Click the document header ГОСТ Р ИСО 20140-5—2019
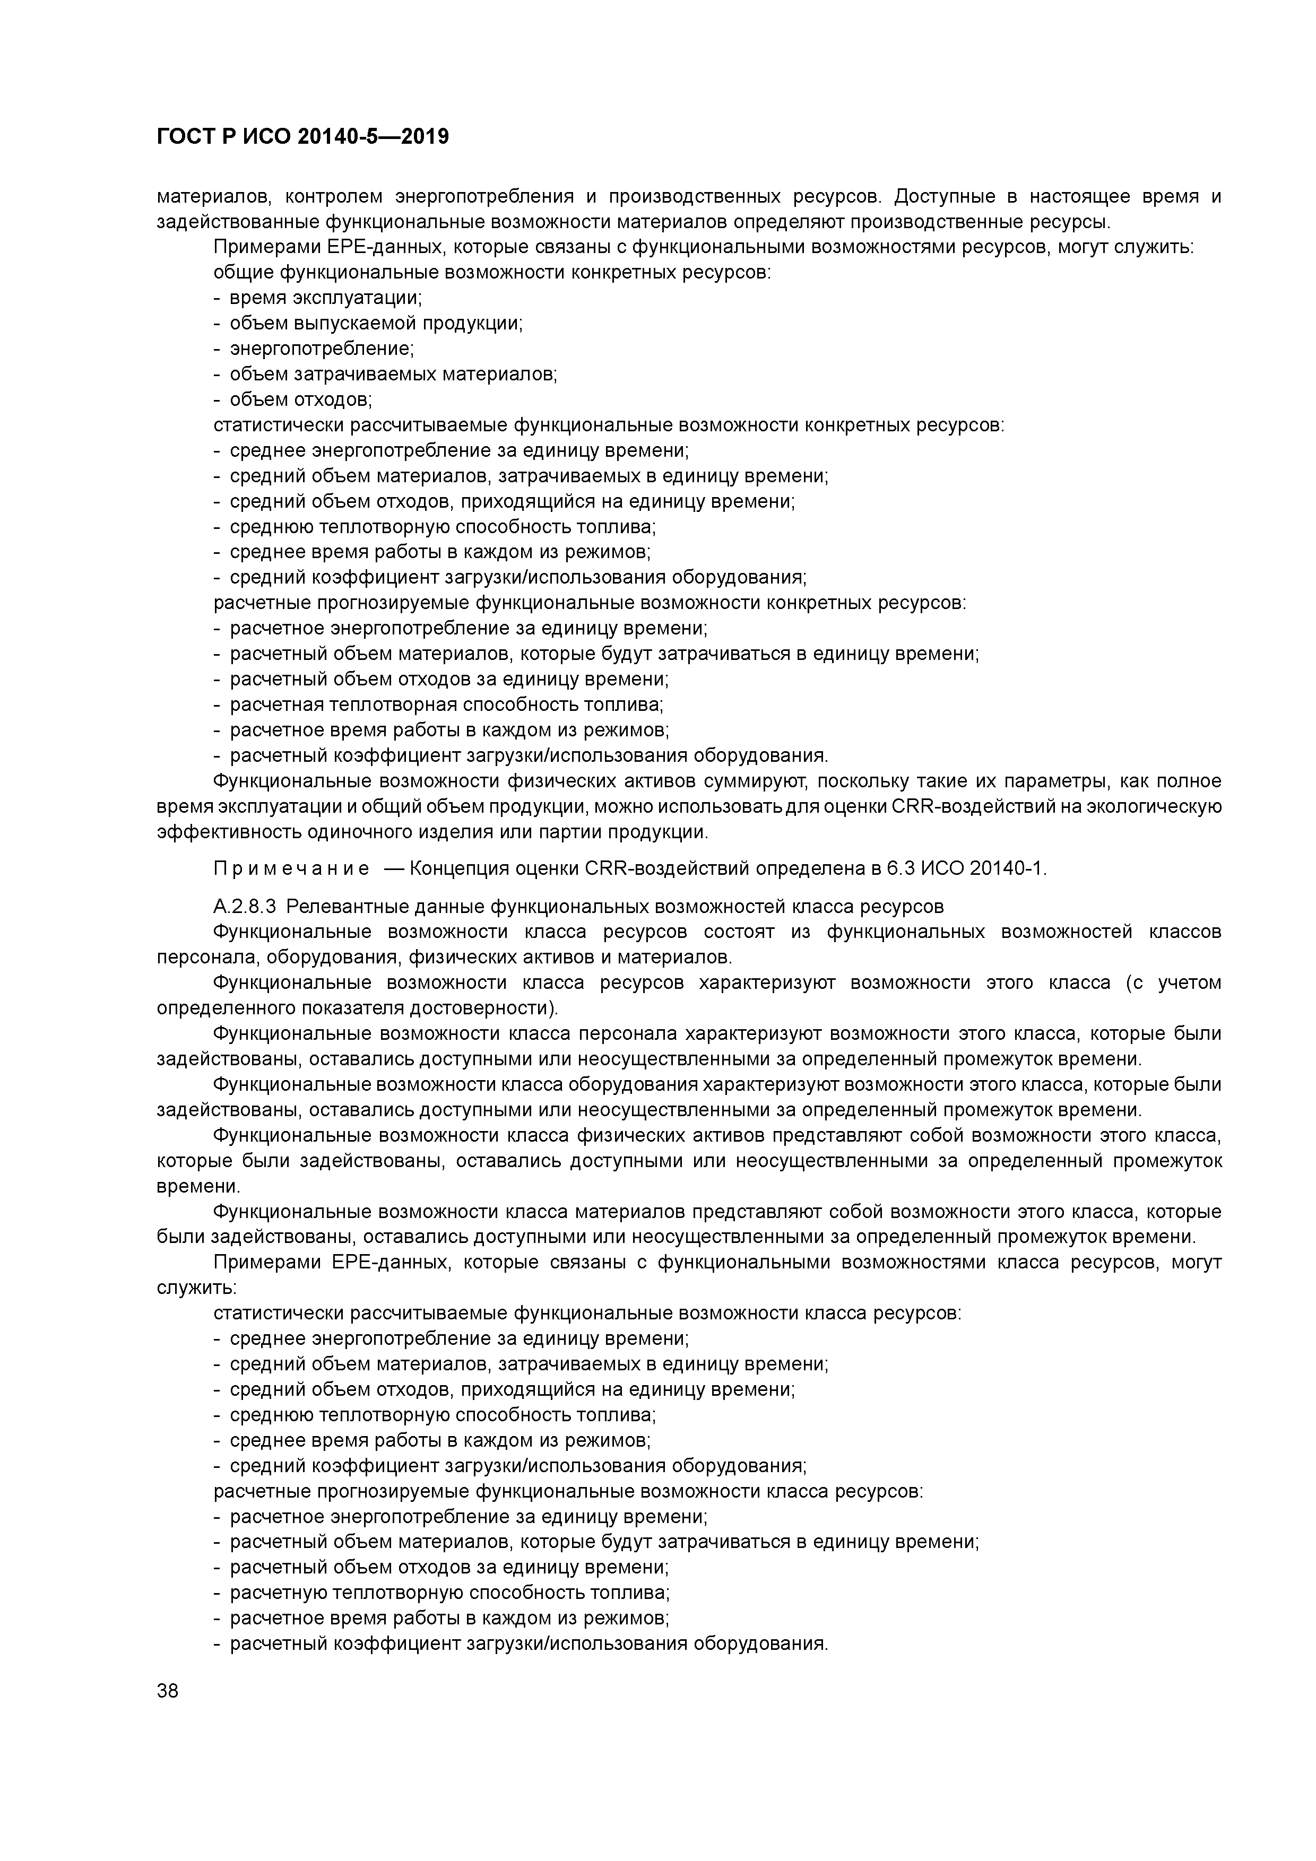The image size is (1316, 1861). coord(302,137)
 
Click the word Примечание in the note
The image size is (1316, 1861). coord(292,869)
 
